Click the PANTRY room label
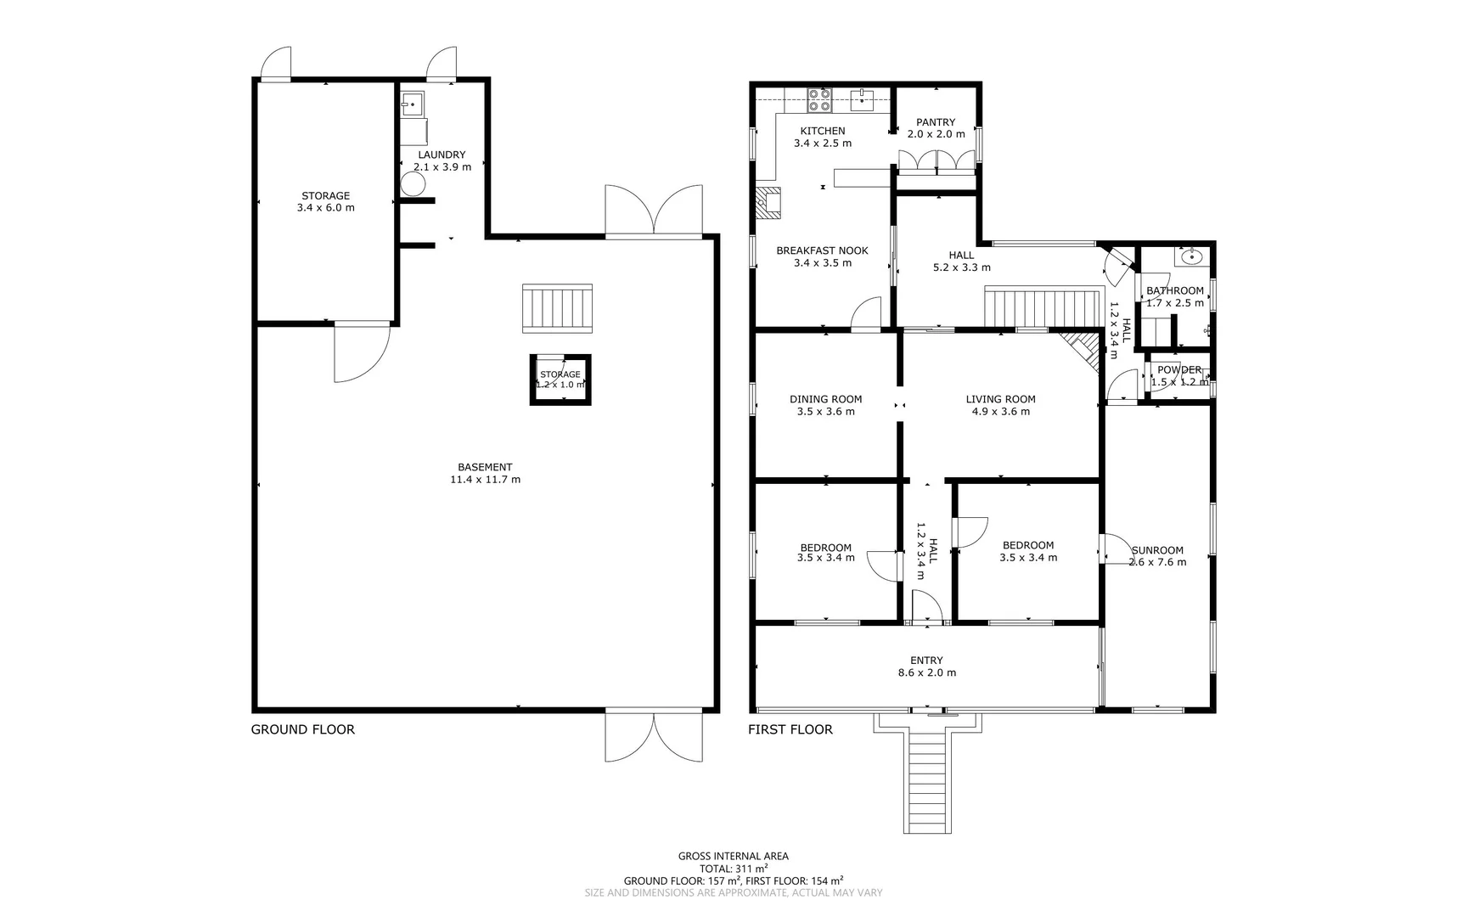pyautogui.click(x=936, y=122)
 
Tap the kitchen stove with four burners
pyautogui.click(x=819, y=100)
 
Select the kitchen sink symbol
pyautogui.click(x=860, y=99)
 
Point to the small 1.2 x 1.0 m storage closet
pyautogui.click(x=560, y=380)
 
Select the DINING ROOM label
pyautogui.click(x=825, y=399)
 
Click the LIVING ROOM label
pyautogui.click(x=1000, y=399)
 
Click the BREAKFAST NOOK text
pyautogui.click(x=822, y=250)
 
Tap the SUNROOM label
pyautogui.click(x=1157, y=550)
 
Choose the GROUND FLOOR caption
pyautogui.click(x=302, y=729)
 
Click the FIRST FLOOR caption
pyautogui.click(x=790, y=729)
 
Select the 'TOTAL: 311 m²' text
pyautogui.click(x=734, y=869)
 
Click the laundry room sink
pyautogui.click(x=412, y=104)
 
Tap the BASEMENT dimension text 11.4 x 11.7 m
pyautogui.click(x=485, y=480)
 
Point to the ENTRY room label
pyautogui.click(x=926, y=661)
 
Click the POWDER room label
pyautogui.click(x=1179, y=370)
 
